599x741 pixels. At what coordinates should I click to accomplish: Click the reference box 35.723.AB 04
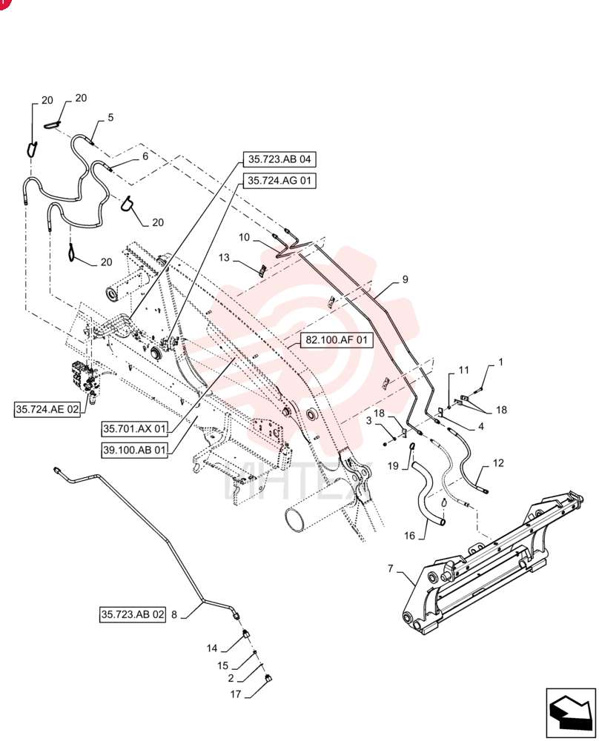pyautogui.click(x=279, y=159)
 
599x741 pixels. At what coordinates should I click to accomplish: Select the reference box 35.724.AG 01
pyautogui.click(x=279, y=181)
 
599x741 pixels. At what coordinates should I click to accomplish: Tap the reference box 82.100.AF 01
pyautogui.click(x=336, y=340)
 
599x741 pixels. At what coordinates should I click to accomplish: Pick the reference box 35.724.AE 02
pyautogui.click(x=47, y=409)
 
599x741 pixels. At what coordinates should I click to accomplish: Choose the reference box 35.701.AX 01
pyautogui.click(x=135, y=428)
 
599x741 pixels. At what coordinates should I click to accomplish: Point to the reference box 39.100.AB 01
pyautogui.click(x=135, y=450)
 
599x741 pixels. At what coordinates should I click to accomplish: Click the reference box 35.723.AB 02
pyautogui.click(x=133, y=614)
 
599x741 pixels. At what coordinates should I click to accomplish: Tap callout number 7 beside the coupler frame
pyautogui.click(x=391, y=568)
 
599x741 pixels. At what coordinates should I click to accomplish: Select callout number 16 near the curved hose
pyautogui.click(x=409, y=536)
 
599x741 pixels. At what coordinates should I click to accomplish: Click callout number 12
pyautogui.click(x=498, y=463)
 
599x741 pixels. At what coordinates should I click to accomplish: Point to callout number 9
pyautogui.click(x=406, y=279)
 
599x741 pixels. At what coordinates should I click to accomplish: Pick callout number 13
pyautogui.click(x=224, y=258)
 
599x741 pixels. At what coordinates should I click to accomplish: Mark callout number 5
pyautogui.click(x=110, y=117)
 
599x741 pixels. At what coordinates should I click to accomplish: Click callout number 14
pyautogui.click(x=212, y=648)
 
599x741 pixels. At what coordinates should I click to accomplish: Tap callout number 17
pyautogui.click(x=236, y=694)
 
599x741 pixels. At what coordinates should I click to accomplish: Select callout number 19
pyautogui.click(x=394, y=466)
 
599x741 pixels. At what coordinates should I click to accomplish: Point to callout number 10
pyautogui.click(x=244, y=237)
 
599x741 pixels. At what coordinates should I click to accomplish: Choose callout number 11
pyautogui.click(x=464, y=370)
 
